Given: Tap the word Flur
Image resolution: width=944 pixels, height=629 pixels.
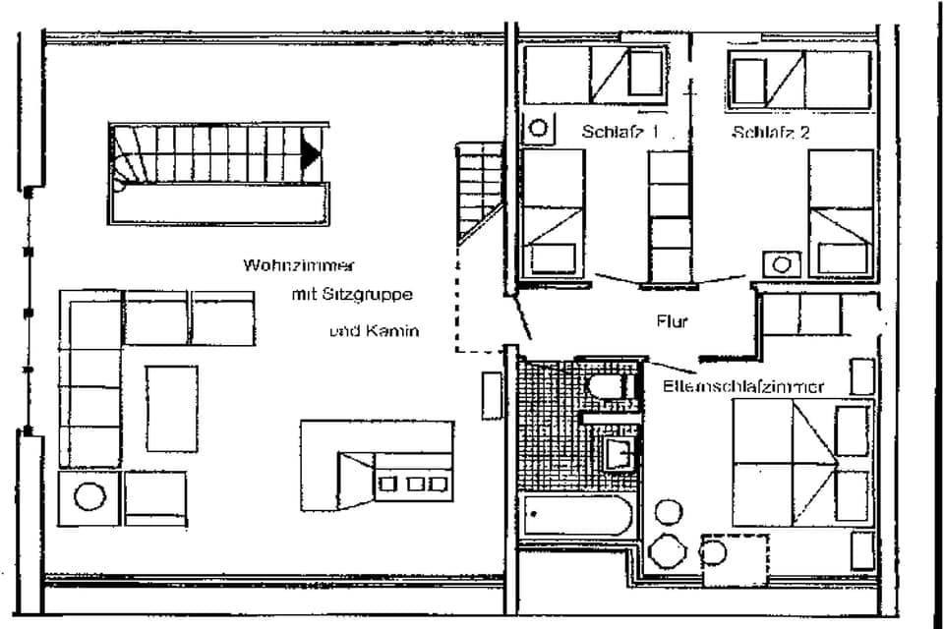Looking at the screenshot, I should tap(672, 321).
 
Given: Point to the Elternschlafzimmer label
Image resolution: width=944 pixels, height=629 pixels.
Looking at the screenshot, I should tap(743, 386).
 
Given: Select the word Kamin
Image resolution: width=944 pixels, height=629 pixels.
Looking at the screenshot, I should tap(394, 331).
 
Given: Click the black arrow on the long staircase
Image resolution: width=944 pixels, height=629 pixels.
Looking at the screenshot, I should tap(311, 153).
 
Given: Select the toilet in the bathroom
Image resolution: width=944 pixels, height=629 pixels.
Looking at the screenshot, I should tap(607, 385).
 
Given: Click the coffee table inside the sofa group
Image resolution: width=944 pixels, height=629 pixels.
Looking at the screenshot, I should tap(172, 408).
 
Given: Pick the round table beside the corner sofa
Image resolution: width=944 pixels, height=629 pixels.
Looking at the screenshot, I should tap(89, 496).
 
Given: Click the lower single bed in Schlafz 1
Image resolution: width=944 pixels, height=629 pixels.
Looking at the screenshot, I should tap(552, 213).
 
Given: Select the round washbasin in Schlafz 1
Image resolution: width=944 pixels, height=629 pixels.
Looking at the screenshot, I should tap(538, 128).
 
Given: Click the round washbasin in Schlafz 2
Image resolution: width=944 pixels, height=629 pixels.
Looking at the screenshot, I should tap(783, 263).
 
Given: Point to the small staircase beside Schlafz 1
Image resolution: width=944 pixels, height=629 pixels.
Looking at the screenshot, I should tap(481, 192).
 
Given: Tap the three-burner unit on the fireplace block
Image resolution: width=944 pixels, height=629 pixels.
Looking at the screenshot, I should tap(413, 483).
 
